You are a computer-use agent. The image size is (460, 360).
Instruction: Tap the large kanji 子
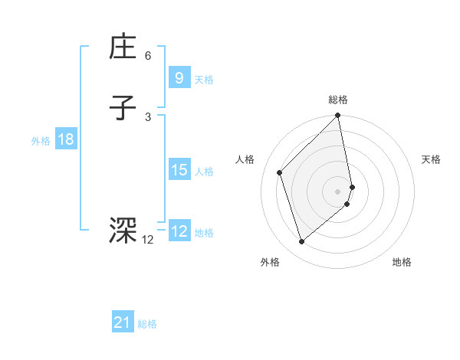123,108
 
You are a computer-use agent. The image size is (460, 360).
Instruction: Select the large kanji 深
123,230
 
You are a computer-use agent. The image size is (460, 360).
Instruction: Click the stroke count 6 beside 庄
147,56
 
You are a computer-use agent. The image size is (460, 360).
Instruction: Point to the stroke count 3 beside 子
147,116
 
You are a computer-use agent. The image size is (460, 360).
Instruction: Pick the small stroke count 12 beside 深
147,240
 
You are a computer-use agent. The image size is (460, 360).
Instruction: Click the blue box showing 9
179,77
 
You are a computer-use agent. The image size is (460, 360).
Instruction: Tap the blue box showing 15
179,170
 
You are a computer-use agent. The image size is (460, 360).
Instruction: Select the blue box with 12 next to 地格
179,231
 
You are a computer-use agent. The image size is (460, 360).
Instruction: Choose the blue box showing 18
65,139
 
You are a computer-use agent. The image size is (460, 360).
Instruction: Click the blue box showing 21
123,322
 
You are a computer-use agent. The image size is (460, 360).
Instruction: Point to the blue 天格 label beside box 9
204,79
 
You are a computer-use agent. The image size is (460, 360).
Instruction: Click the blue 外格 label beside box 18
41,140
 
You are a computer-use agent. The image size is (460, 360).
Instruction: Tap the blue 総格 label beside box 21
147,324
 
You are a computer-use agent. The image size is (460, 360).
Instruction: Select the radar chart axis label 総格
338,100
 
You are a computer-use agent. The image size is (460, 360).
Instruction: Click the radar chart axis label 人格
245,159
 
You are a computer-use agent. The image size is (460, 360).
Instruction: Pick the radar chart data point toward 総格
338,116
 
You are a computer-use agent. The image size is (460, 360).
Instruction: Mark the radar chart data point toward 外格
301,242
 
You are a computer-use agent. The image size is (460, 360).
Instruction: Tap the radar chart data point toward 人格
280,172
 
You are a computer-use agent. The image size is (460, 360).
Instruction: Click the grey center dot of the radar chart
338,191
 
